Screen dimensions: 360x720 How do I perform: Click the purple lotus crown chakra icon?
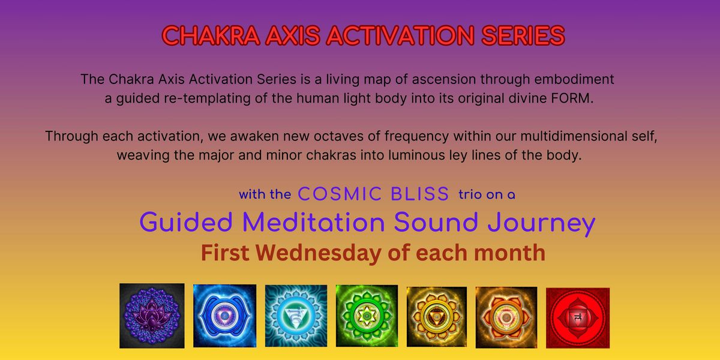152,316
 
